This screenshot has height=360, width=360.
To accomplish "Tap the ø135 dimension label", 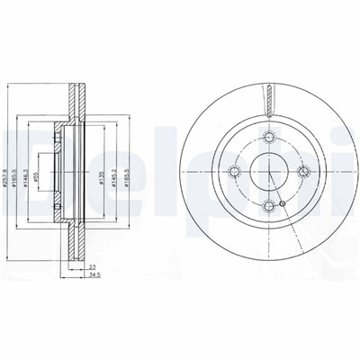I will coord(100,171).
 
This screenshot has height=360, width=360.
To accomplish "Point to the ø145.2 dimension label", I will coord(112,171).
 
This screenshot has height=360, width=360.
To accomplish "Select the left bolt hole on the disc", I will coord(234,171).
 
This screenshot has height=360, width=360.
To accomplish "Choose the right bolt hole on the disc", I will coord(304,171).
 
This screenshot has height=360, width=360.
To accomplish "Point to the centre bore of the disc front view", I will coord(269,171).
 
